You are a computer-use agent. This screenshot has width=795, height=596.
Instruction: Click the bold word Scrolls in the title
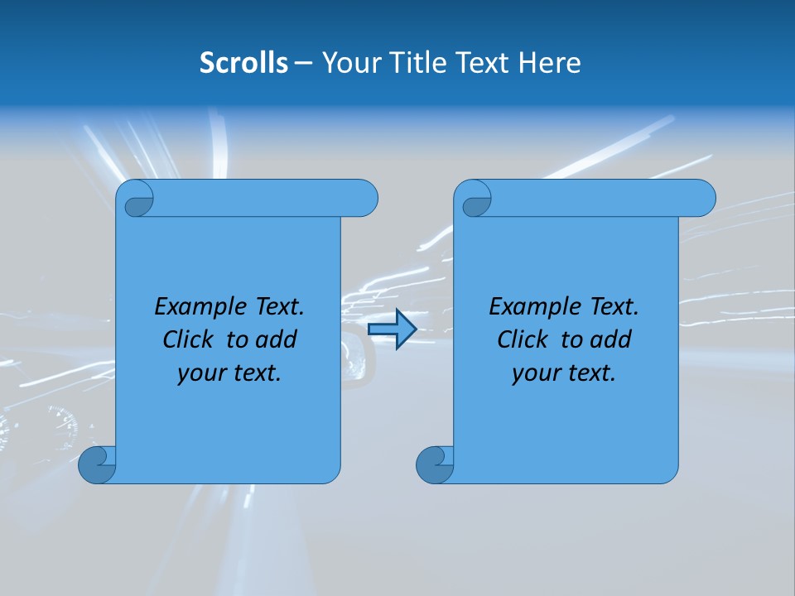coord(243,63)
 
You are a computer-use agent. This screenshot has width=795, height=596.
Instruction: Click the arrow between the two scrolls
coord(392,329)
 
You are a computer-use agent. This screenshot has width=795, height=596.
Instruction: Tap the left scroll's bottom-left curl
coord(96,464)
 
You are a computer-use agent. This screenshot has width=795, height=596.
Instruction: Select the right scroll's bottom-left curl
coord(434,464)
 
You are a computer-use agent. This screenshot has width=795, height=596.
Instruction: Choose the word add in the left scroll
coord(277,339)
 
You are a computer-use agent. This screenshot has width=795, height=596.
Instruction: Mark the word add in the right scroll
coord(611,339)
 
